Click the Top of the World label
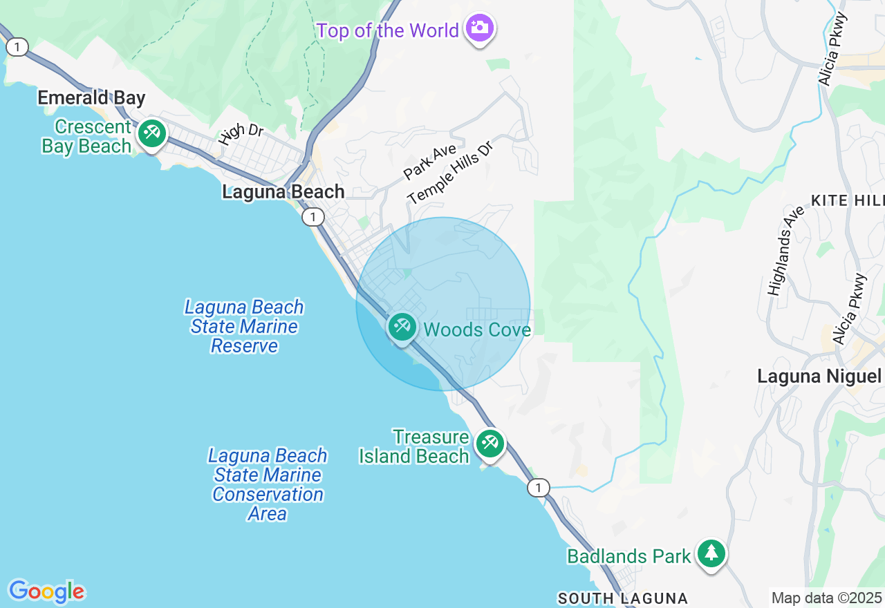[387, 31]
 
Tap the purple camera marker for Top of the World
[479, 28]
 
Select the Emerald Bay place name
[91, 98]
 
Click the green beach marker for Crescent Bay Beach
[151, 133]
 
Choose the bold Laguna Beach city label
[283, 192]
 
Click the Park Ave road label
[430, 161]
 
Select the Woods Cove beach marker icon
[402, 327]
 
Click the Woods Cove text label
[477, 330]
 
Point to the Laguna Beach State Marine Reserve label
[244, 326]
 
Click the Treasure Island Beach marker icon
[490, 443]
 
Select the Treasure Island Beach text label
[414, 446]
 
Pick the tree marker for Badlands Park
[711, 553]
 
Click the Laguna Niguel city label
[819, 377]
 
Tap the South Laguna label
[622, 598]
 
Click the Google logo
[46, 591]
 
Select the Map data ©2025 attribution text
[826, 598]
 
